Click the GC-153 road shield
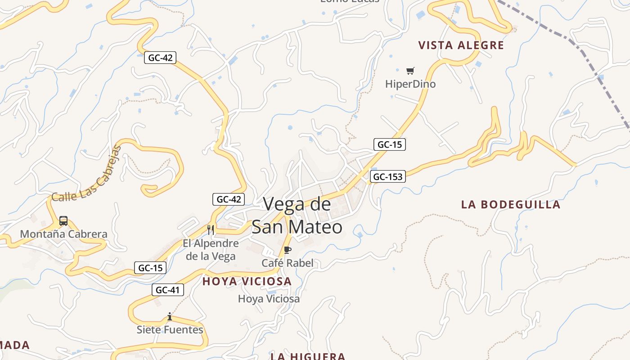click(387, 177)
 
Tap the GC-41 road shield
click(167, 290)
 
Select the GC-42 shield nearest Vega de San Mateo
click(229, 199)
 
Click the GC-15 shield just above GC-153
click(390, 144)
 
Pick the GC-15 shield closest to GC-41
click(150, 268)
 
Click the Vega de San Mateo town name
click(297, 216)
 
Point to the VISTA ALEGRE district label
click(461, 45)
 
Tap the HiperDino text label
click(410, 84)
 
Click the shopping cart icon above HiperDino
click(410, 71)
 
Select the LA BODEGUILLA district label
click(511, 204)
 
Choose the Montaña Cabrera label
click(63, 234)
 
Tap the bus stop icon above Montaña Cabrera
click(63, 221)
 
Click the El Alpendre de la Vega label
click(211, 250)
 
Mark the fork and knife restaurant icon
click(211, 229)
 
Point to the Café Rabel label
click(288, 263)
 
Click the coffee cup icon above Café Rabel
click(288, 250)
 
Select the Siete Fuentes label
click(170, 330)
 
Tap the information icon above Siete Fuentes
click(170, 317)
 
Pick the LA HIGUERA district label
click(308, 356)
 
